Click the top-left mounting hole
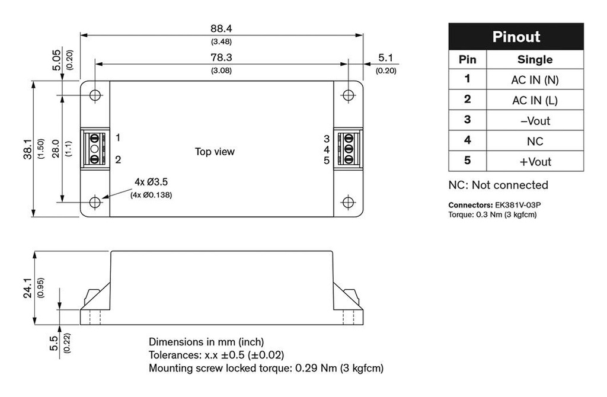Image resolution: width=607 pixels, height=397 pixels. pyautogui.click(x=95, y=96)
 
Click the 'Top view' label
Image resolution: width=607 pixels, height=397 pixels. pyautogui.click(x=215, y=152)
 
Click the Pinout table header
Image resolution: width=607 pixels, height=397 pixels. pyautogui.click(x=516, y=37)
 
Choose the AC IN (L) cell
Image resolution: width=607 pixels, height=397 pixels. pyautogui.click(x=535, y=101)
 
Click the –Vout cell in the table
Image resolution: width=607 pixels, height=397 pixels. pyautogui.click(x=535, y=121)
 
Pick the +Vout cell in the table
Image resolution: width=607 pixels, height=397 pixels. pyautogui.click(x=535, y=162)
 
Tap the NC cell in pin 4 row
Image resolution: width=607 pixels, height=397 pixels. pyautogui.click(x=535, y=142)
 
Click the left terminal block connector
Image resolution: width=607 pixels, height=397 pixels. pyautogui.click(x=95, y=149)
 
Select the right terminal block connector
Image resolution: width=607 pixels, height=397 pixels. pyautogui.click(x=348, y=149)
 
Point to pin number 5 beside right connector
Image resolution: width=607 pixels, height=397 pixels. pyautogui.click(x=327, y=161)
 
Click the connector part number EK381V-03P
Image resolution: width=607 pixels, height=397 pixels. pyautogui.click(x=517, y=205)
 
